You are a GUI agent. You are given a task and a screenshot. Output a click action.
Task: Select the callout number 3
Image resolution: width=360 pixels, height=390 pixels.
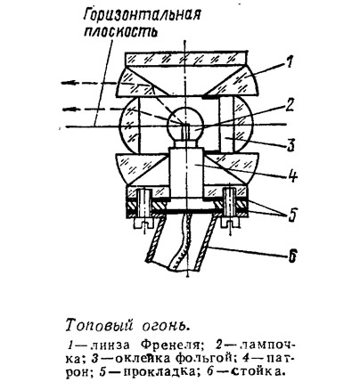pos(290,144)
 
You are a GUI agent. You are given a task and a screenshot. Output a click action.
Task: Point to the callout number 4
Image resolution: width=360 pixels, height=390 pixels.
pos(292,176)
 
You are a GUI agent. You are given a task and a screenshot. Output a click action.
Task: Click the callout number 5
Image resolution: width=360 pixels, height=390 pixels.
pos(292,215)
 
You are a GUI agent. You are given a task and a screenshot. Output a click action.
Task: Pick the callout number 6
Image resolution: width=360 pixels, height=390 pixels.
pos(292,256)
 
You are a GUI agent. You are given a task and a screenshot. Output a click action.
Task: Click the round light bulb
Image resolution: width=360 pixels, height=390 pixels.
pos(185,123)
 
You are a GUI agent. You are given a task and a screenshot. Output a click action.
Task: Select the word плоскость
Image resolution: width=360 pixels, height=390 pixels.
pos(120,33)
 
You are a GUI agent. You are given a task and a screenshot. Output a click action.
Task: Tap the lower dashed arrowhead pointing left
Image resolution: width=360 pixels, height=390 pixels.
pos(70,110)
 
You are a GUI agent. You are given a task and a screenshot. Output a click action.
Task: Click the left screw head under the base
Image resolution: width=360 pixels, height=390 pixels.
pos(142,224)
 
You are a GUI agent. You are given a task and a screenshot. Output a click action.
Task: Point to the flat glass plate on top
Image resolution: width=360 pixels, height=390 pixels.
pos(186,59)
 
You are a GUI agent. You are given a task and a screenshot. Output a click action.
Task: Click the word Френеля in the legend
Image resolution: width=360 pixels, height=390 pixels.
pos(169,345)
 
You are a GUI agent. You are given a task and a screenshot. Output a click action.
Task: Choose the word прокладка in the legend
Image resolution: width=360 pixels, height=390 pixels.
pos(156,371)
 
